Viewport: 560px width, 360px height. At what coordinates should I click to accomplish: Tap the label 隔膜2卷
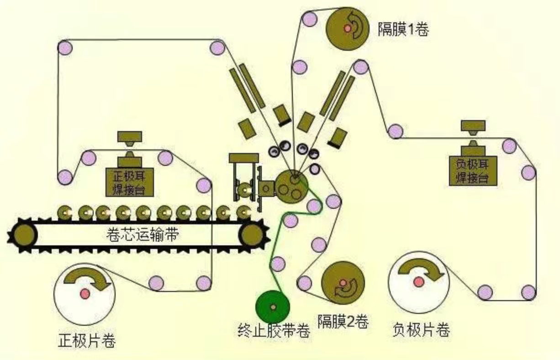click(x=343, y=322)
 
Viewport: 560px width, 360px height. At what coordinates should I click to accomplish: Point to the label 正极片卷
click(x=87, y=340)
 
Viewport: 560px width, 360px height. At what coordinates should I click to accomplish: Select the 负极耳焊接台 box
click(x=473, y=171)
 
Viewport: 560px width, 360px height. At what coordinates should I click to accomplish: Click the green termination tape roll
click(x=273, y=307)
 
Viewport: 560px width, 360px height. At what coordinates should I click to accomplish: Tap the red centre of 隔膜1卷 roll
click(x=348, y=28)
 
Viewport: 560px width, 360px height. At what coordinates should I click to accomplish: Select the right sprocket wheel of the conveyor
click(x=252, y=234)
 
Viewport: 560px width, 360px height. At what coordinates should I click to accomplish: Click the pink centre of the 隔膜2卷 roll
click(x=343, y=281)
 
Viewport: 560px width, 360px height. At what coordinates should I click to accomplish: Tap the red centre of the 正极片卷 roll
click(x=85, y=293)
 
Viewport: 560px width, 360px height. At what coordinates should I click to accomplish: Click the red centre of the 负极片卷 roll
click(x=418, y=282)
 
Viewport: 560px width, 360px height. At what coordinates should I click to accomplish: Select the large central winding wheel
click(x=291, y=186)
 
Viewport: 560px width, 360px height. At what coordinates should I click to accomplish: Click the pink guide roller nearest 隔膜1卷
click(x=310, y=20)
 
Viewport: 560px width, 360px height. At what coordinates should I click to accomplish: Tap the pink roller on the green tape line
click(x=278, y=264)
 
